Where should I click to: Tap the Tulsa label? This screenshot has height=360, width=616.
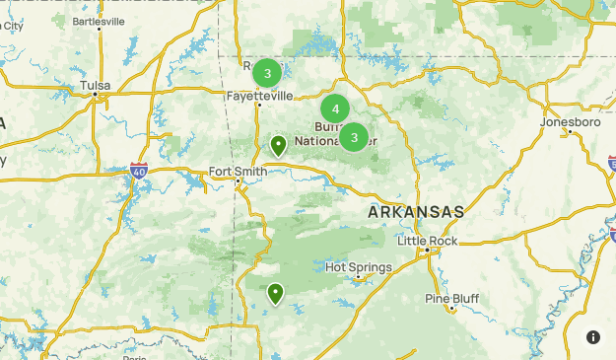tap(96, 86)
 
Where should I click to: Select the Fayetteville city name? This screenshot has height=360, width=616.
tap(259, 96)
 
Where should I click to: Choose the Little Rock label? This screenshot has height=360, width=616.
tap(429, 240)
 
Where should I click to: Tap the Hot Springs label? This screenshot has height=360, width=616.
tap(359, 267)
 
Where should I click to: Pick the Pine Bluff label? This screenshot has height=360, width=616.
tap(451, 298)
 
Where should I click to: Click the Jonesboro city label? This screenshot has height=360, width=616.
tap(569, 122)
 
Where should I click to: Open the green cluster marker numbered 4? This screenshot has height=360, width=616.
tap(335, 109)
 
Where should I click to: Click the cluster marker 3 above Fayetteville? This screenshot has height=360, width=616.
tap(267, 73)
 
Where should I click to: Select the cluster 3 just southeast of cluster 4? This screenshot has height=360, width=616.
tap(354, 137)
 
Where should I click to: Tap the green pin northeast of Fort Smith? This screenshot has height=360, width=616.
tap(279, 147)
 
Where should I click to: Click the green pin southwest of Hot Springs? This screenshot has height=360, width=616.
tap(275, 293)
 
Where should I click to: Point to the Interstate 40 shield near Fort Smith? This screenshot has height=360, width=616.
tap(138, 172)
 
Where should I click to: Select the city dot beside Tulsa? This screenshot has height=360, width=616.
tap(96, 97)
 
